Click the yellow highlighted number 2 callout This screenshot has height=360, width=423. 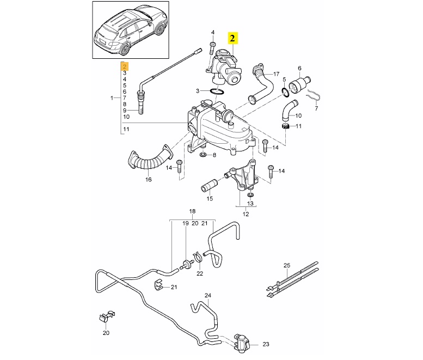pos(232,38)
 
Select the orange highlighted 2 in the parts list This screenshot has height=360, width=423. pos(124,66)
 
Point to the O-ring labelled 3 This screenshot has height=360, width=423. pos(216,91)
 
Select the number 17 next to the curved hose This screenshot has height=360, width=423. pos(276,74)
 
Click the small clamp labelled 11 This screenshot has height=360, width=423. pos(284,127)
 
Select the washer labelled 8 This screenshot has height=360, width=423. pos(203,156)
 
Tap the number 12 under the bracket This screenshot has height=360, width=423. pos(246,215)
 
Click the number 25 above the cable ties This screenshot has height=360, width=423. pos(287,265)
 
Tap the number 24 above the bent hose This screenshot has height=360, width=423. pos(207,296)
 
